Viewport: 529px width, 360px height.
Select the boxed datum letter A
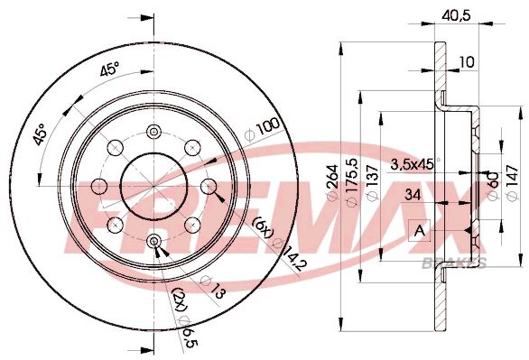pyautogui.click(x=420, y=230)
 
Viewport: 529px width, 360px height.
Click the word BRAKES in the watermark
pyautogui.click(x=453, y=263)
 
